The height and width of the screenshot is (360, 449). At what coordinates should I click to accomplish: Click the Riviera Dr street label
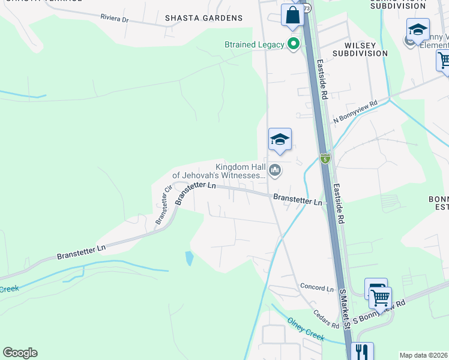(115, 19)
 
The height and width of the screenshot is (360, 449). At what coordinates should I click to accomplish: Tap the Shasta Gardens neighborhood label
(204, 18)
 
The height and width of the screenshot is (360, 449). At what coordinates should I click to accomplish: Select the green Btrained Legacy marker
(294, 44)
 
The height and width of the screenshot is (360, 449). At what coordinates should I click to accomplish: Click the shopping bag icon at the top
(292, 14)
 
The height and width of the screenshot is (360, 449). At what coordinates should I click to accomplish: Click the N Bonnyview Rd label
(355, 112)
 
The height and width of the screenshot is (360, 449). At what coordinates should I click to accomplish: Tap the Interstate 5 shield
(325, 159)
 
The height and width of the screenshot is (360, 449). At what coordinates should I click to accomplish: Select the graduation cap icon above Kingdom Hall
(280, 140)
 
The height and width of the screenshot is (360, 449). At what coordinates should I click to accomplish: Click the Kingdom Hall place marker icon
(276, 171)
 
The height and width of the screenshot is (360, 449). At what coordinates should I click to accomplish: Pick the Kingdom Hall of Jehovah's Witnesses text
(219, 171)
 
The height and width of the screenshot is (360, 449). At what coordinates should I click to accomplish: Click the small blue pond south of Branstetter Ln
(190, 259)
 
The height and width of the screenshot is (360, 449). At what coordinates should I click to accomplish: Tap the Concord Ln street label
(316, 288)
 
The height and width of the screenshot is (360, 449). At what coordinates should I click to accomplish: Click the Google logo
(20, 353)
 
